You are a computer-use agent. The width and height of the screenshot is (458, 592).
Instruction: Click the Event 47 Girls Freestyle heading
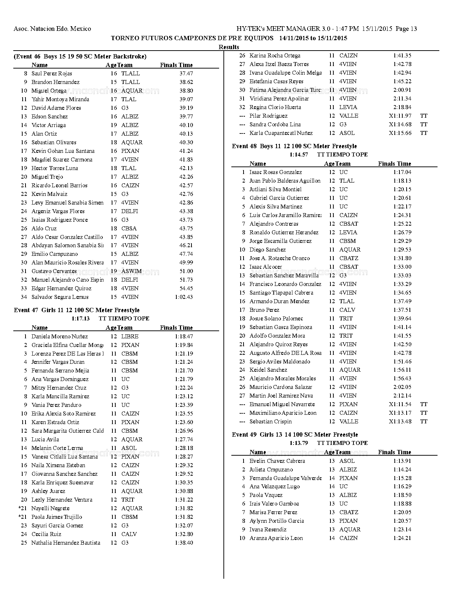tap(77, 310)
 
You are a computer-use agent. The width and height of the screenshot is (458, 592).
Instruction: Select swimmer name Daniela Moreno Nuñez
tap(60, 336)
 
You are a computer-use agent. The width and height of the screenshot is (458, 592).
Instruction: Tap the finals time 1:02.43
tap(184, 297)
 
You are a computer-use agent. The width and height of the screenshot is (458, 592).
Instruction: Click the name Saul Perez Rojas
tap(52, 73)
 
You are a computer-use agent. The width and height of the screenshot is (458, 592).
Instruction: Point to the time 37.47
tap(186, 73)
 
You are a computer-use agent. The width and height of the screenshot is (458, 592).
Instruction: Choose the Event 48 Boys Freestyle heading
tap(294, 146)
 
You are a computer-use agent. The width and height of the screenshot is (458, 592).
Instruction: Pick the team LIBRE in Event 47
tap(130, 336)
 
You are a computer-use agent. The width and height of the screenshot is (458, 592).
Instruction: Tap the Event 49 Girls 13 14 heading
tap(295, 434)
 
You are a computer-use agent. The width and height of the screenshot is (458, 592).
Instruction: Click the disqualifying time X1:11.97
tap(400, 116)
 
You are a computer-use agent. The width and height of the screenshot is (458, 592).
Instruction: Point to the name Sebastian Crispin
tap(270, 421)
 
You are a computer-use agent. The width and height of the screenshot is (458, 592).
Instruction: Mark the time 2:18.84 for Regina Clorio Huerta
tap(402, 107)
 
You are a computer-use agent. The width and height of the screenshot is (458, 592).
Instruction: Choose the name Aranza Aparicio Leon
tap(276, 538)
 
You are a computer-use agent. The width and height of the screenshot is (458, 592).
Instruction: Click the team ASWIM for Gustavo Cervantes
tap(131, 271)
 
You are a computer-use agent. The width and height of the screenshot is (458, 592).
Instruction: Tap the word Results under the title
tap(229, 47)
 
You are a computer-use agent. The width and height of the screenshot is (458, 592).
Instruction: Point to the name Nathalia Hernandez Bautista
tap(66, 542)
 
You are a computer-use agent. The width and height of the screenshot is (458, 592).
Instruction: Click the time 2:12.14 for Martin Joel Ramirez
tap(402, 395)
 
